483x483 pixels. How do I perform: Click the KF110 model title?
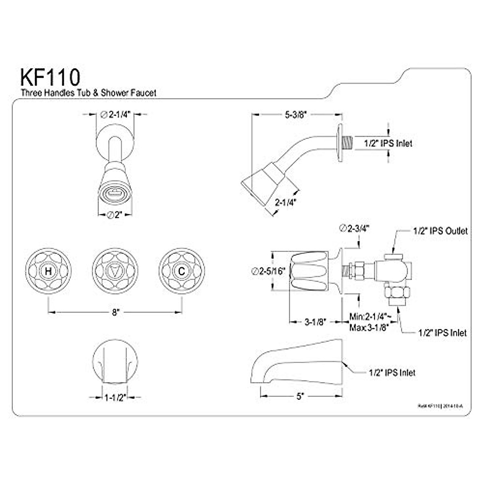[x=50, y=77]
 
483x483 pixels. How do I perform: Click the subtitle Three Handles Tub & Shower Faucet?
[x=89, y=93]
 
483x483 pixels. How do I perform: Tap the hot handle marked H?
[x=48, y=271]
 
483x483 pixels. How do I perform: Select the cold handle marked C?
[x=182, y=271]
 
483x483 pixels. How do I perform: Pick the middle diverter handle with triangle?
[x=115, y=271]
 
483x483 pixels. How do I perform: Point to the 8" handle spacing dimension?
[x=116, y=312]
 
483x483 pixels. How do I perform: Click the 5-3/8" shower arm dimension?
[x=293, y=115]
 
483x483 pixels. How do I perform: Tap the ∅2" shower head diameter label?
[x=115, y=215]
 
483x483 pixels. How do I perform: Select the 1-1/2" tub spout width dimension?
[x=115, y=398]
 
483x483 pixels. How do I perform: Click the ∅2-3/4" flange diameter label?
[x=354, y=229]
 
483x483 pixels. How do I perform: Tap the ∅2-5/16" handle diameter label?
[x=268, y=271]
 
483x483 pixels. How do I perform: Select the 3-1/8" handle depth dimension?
[x=315, y=322]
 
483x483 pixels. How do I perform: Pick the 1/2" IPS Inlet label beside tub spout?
[x=392, y=373]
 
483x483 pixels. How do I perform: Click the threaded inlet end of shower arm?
[x=347, y=143]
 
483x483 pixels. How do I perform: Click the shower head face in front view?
[x=115, y=195]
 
